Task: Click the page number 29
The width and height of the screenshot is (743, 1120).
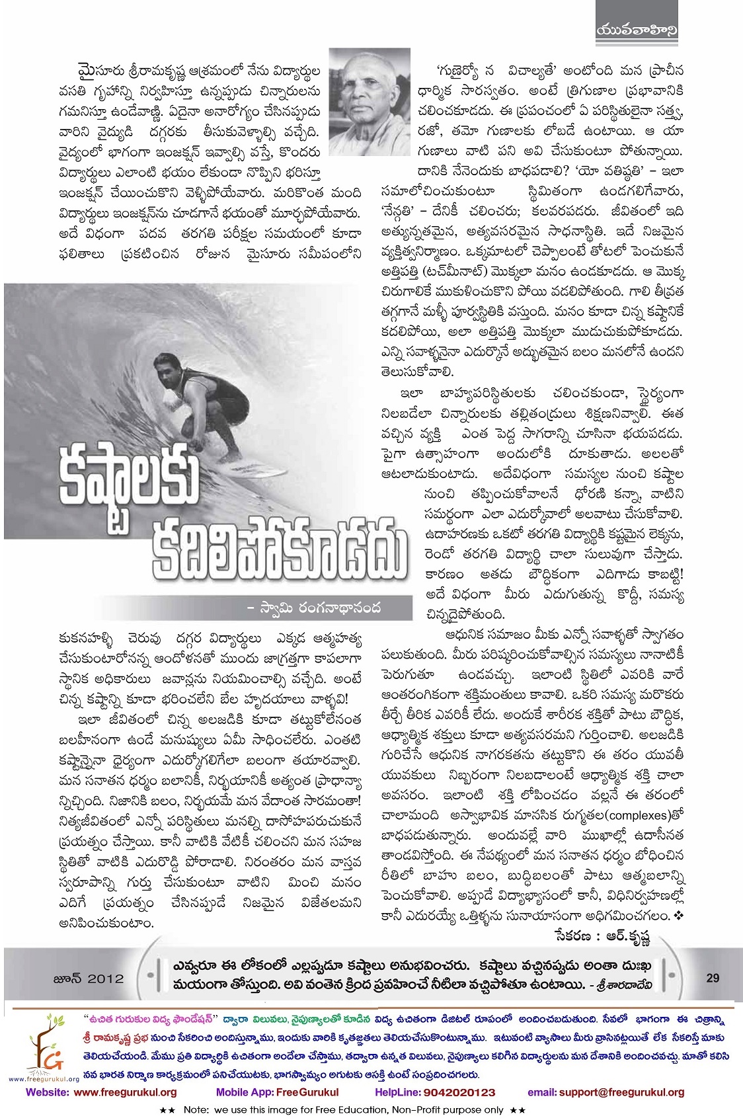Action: click(x=712, y=978)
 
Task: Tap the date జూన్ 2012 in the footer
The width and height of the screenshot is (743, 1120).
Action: click(x=88, y=979)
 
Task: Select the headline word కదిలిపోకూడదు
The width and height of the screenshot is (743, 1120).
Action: click(x=278, y=546)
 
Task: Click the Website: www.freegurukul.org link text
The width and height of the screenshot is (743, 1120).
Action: click(x=101, y=1093)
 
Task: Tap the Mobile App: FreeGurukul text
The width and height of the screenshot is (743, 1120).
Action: click(x=277, y=1093)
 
